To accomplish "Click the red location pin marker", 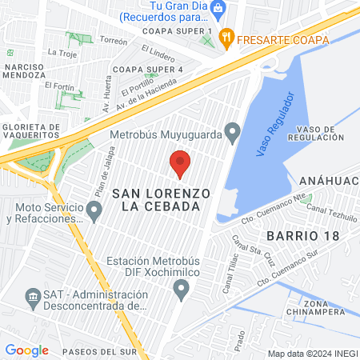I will click(180, 163).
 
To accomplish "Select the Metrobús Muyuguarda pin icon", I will click(233, 130).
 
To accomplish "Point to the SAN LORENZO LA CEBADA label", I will click(161, 200).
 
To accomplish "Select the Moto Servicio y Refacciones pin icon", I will click(94, 212).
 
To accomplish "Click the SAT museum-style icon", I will click(34, 298).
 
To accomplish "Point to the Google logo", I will click(26, 350).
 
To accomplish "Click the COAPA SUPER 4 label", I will click(149, 69).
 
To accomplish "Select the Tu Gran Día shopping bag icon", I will click(226, 6).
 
